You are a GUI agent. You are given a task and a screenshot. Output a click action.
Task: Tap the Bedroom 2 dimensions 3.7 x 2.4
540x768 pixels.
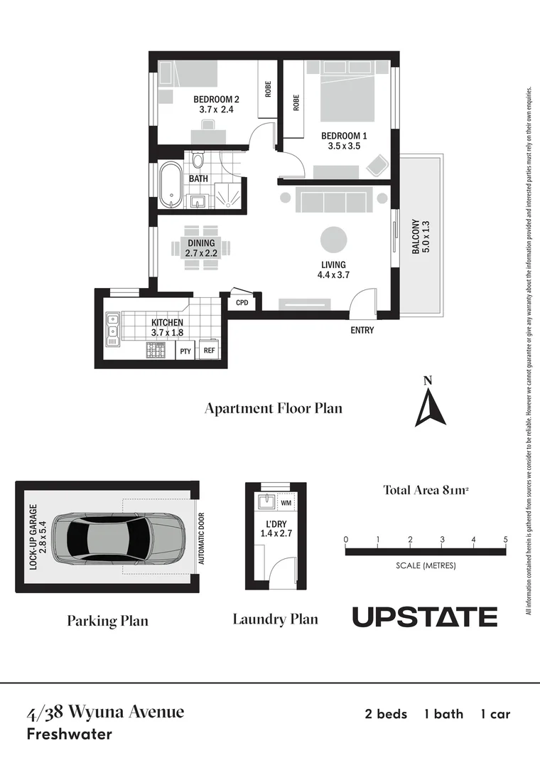tap(216, 110)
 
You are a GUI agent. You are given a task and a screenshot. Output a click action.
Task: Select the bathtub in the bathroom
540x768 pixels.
tap(171, 186)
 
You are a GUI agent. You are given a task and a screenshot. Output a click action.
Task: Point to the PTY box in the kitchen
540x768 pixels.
tap(185, 351)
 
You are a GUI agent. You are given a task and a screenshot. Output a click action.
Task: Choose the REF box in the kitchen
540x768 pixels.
tap(209, 351)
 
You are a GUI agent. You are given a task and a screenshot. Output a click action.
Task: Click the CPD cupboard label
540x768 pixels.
tap(242, 302)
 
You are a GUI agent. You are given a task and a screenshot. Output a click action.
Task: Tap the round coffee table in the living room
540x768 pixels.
tap(333, 240)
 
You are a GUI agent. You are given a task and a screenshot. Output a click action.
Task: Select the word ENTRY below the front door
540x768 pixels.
tap(362, 331)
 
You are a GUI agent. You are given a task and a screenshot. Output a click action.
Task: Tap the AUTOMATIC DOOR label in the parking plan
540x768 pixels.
tap(202, 539)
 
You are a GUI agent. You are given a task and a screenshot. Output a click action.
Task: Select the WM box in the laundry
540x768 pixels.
tap(286, 503)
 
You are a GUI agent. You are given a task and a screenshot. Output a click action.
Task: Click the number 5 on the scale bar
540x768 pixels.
tap(505, 540)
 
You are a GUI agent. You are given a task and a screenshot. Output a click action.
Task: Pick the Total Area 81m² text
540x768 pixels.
tap(428, 489)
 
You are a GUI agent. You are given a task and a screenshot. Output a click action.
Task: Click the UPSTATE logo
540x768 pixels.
tap(425, 617)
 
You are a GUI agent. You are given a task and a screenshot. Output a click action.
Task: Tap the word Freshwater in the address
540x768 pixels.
tap(69, 734)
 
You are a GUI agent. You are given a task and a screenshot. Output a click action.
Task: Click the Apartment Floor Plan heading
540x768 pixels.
tap(274, 408)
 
